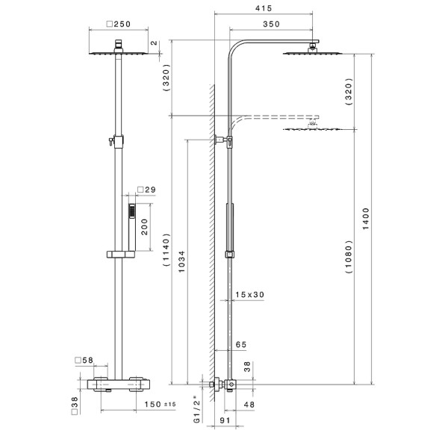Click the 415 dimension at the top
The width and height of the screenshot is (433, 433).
[264, 8]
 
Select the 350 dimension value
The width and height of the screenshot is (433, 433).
[271, 24]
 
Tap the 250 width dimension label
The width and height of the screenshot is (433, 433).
[119, 24]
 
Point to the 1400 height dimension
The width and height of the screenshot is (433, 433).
[366, 219]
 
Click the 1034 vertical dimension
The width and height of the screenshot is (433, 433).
[181, 261]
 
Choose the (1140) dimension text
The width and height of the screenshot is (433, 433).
[166, 250]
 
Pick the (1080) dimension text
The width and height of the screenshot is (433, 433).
[349, 257]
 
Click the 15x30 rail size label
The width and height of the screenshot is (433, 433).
[249, 295]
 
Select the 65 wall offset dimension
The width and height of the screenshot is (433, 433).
[241, 345]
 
